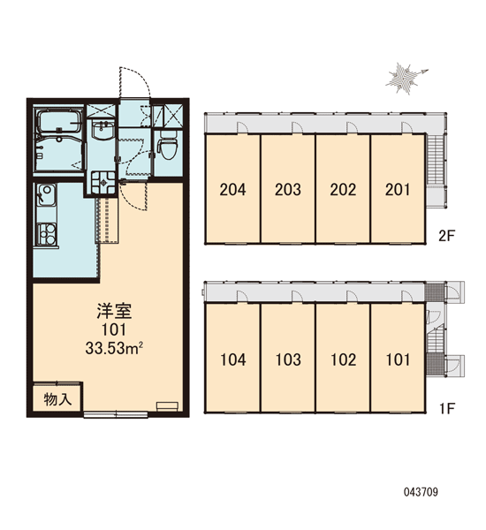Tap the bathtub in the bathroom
[59, 122]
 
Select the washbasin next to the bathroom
[102, 129]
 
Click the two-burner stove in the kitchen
[47, 233]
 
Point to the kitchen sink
[46, 195]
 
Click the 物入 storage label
[57, 399]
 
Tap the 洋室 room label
[114, 311]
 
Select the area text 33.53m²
[113, 348]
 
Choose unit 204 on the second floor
[232, 189]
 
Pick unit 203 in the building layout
[288, 189]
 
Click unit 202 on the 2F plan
[343, 189]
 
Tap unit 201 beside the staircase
[398, 189]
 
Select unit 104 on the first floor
[233, 359]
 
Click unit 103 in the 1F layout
[288, 359]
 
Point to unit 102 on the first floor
[343, 359]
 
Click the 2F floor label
[447, 236]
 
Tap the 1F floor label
[447, 409]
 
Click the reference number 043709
[421, 492]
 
